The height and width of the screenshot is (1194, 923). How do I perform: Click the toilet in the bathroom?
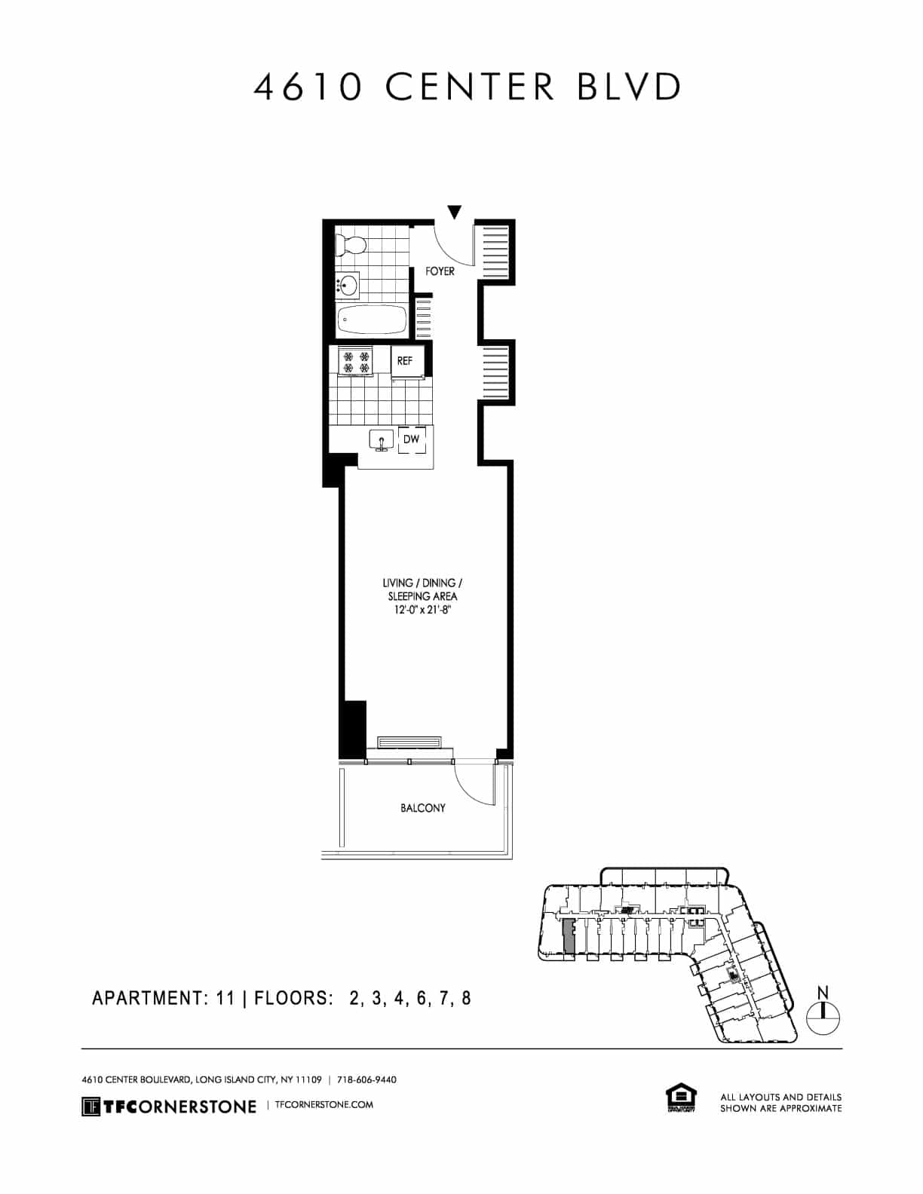(x=351, y=244)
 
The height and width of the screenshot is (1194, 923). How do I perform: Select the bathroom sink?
(x=348, y=286)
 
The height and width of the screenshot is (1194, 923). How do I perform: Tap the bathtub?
(x=371, y=320)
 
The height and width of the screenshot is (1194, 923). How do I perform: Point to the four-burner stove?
(x=356, y=362)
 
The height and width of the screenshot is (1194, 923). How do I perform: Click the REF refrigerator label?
(x=405, y=361)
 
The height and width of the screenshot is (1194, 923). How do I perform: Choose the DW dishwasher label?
(x=411, y=439)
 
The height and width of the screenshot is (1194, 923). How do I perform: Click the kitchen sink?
(x=381, y=439)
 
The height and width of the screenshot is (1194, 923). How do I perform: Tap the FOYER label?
(x=440, y=271)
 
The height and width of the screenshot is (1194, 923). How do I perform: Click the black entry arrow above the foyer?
(x=454, y=213)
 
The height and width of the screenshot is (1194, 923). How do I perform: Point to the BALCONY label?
(x=422, y=808)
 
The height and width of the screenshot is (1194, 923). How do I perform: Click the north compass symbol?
(x=823, y=1018)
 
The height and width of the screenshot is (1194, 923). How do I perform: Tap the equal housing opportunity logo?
(x=680, y=1098)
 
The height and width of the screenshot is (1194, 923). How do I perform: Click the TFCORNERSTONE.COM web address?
(x=325, y=1105)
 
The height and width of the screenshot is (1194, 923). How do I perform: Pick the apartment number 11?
(x=225, y=998)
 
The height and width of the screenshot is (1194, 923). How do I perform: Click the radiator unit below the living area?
(x=409, y=743)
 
